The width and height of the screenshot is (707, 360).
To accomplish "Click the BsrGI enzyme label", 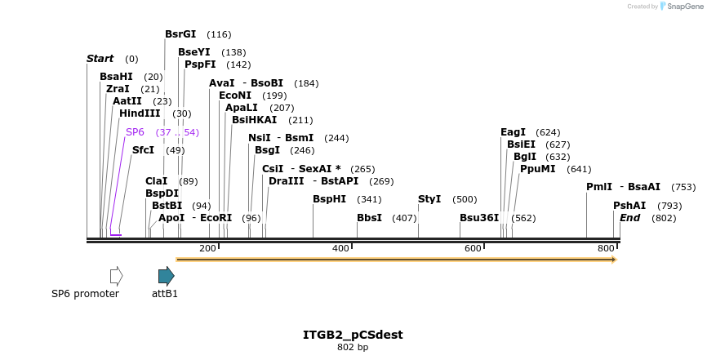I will (x=180, y=34).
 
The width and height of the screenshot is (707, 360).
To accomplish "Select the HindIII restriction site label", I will (x=140, y=113).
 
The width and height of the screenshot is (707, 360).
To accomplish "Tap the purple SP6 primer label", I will (x=135, y=132).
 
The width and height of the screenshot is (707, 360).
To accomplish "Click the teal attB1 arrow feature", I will (x=167, y=276).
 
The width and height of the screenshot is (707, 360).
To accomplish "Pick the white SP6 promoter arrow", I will (x=116, y=276).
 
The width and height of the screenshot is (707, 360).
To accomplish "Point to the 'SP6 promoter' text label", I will (x=85, y=294).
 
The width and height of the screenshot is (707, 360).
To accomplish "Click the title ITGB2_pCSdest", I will (x=353, y=335).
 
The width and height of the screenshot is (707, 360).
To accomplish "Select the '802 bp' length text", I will (x=353, y=348).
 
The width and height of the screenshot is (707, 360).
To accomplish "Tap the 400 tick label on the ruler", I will (x=340, y=248).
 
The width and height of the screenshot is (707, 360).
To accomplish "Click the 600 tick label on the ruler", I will (x=473, y=248).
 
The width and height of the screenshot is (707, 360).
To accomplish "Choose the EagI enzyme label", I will (x=513, y=132).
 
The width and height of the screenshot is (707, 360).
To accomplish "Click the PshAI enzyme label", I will (x=629, y=206).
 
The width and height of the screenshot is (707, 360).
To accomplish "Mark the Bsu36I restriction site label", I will (x=479, y=218).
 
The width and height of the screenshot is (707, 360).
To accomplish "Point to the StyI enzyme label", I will (x=429, y=199).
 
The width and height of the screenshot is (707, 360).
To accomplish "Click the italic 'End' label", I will (x=629, y=218).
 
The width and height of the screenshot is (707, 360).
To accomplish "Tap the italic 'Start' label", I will (x=100, y=59).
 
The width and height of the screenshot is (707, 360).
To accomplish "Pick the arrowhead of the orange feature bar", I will (x=612, y=260).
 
